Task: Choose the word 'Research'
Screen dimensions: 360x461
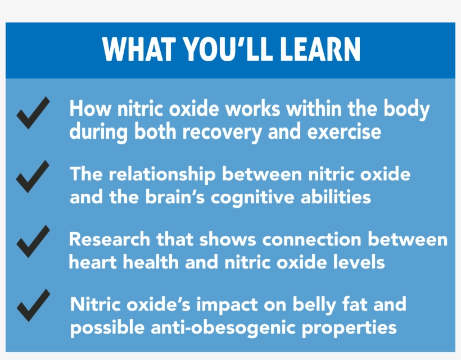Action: (109, 239)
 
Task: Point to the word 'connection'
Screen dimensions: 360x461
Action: (313, 240)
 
